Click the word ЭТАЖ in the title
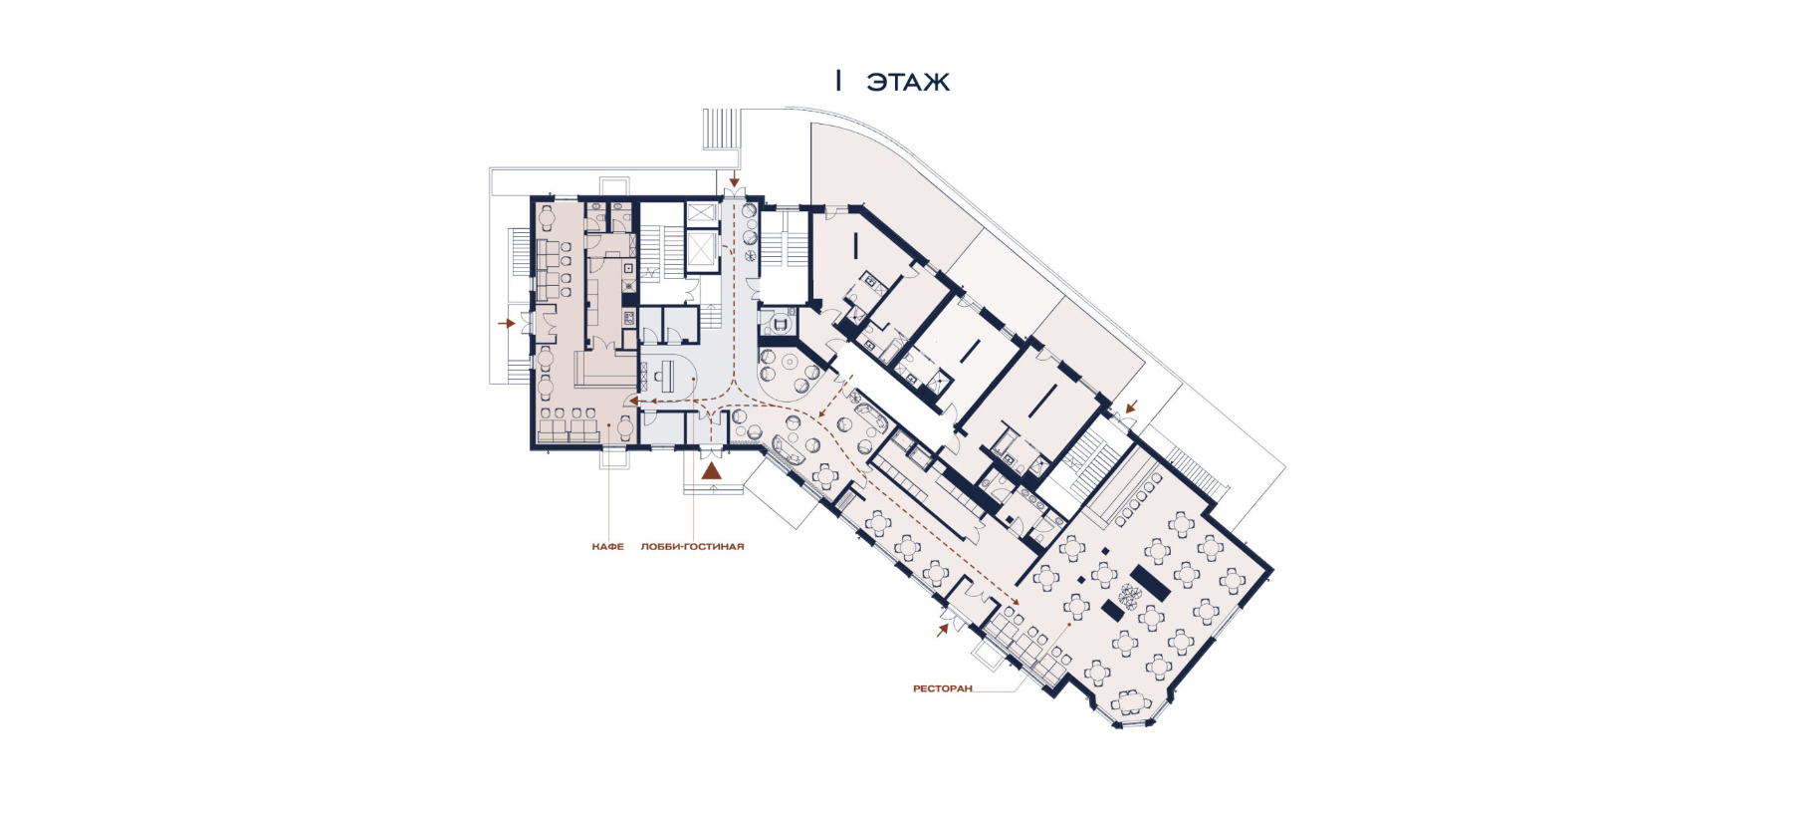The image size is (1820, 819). (908, 82)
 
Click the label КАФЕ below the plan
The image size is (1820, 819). (607, 546)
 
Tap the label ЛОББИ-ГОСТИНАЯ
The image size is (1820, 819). (692, 546)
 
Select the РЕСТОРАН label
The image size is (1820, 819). (942, 688)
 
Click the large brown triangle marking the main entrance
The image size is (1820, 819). (711, 471)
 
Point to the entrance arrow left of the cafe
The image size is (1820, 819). (507, 324)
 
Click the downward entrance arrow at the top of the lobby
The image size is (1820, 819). (735, 180)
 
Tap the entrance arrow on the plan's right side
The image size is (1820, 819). (1131, 407)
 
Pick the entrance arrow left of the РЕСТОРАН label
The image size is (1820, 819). (942, 630)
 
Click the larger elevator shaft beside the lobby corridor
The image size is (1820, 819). (702, 250)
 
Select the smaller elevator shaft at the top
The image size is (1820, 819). (702, 213)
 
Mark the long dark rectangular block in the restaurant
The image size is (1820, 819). (1149, 582)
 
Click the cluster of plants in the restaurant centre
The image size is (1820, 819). (1129, 596)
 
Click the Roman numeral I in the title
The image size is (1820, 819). (838, 81)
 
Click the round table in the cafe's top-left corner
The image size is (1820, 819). (546, 216)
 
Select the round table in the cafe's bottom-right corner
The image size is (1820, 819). (624, 428)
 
